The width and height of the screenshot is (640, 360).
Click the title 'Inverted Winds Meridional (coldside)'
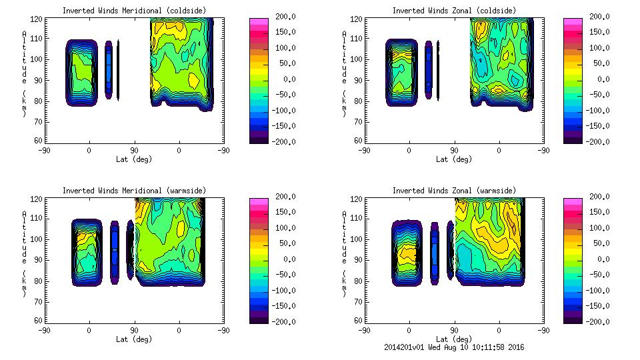(x=134, y=11)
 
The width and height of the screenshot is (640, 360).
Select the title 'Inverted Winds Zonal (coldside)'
(x=454, y=11)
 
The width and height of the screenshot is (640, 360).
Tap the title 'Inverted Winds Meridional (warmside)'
(x=134, y=191)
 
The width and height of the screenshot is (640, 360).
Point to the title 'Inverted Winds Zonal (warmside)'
(x=454, y=191)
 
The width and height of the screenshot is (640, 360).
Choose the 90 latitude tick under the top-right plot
(x=454, y=151)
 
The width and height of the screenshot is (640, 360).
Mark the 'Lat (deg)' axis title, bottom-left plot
(x=134, y=339)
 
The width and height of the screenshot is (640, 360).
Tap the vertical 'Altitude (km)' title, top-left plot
(x=24, y=73)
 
